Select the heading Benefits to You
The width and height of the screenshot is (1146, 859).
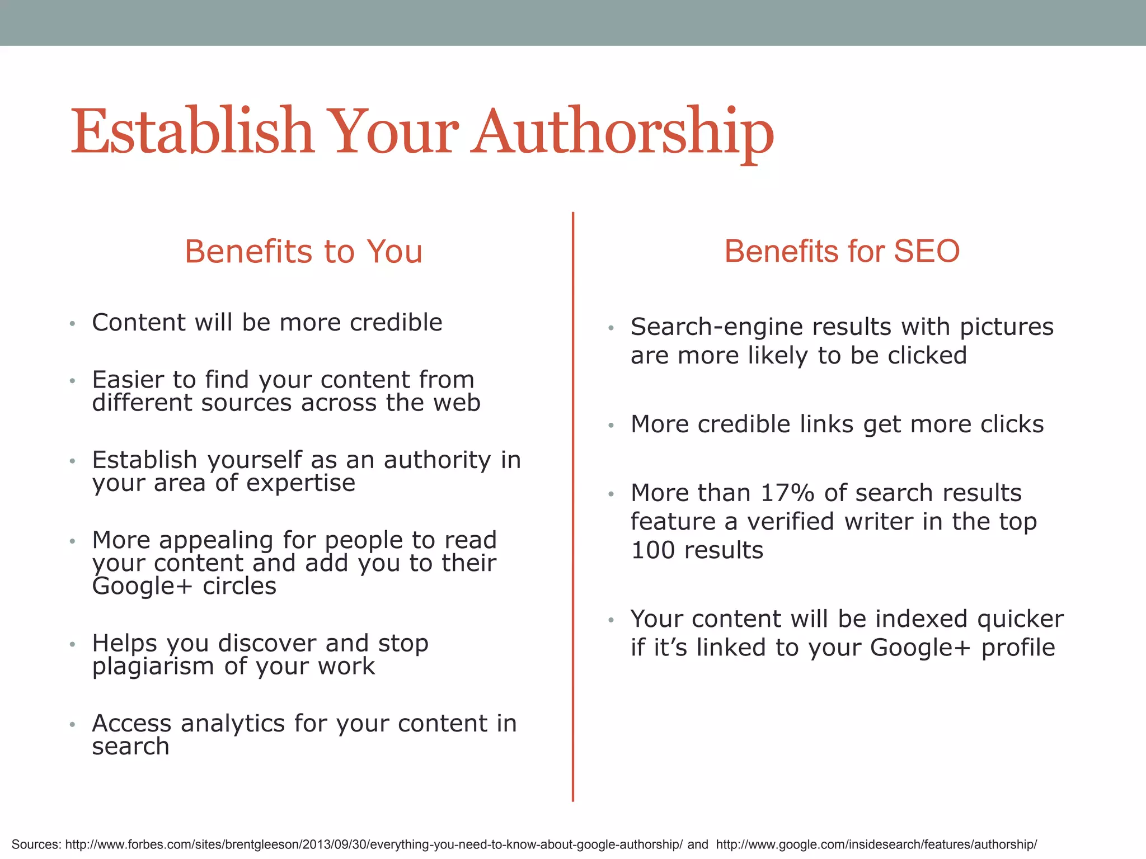point(303,251)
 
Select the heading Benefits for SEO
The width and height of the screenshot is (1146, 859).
point(842,251)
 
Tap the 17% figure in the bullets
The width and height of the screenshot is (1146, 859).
point(787,493)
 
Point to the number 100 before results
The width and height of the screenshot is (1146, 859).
point(652,550)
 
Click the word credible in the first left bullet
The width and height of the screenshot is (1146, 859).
point(396,323)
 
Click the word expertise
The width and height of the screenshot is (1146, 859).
point(300,483)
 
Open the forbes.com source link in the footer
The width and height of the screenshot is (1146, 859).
point(374,844)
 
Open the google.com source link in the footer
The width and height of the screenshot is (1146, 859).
point(876,844)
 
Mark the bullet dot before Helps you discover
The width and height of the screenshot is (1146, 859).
point(72,645)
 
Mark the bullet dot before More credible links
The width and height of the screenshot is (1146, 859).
point(611,426)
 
